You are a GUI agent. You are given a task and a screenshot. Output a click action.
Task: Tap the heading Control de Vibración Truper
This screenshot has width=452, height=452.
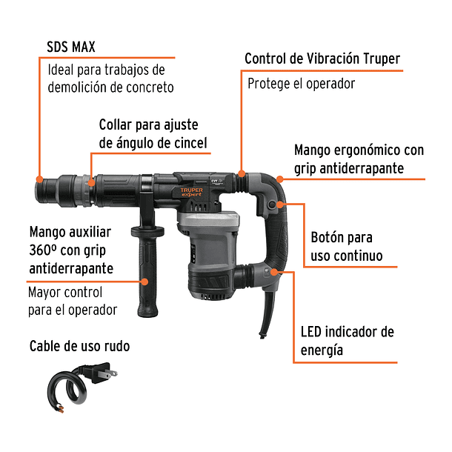click(x=322, y=58)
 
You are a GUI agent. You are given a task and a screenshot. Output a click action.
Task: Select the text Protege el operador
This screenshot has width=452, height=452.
click(x=301, y=83)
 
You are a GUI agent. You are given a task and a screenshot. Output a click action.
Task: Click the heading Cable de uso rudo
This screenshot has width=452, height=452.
click(x=84, y=346)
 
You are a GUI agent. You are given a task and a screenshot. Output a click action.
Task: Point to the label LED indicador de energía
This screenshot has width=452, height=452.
click(x=347, y=340)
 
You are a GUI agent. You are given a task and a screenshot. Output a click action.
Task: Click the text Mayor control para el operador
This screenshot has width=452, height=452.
click(x=73, y=300)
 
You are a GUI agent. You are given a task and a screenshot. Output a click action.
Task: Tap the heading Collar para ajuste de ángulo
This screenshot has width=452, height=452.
click(x=153, y=133)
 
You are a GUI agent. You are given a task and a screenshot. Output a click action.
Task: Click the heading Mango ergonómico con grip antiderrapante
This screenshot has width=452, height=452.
click(x=359, y=159)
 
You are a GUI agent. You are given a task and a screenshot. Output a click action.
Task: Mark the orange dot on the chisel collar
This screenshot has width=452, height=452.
click(x=90, y=180)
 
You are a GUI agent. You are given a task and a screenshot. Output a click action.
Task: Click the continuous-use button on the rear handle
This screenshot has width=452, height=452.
click(x=275, y=205)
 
